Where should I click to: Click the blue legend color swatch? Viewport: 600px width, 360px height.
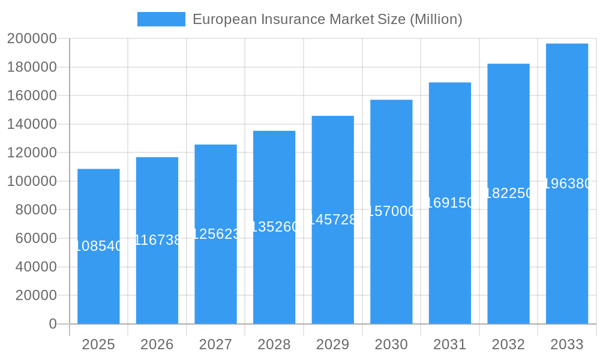click(161, 19)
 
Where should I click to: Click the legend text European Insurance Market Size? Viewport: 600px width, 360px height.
click(327, 19)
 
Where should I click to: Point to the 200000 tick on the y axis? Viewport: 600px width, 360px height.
click(32, 39)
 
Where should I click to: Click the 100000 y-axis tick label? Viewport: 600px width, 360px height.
click(32, 181)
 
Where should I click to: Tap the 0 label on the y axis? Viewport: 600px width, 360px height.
click(53, 324)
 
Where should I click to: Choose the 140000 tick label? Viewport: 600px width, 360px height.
click(32, 124)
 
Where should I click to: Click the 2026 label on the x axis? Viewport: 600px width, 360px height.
click(157, 344)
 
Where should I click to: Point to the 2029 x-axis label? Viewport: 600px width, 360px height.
click(332, 344)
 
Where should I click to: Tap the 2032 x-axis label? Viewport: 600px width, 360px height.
click(508, 344)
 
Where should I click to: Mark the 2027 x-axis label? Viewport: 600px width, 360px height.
click(215, 344)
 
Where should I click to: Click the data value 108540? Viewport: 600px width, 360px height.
click(98, 246)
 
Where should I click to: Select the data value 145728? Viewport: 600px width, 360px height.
click(332, 220)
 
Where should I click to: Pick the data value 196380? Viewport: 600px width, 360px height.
click(567, 184)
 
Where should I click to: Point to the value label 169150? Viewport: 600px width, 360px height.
click(450, 203)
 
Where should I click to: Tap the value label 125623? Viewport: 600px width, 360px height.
click(215, 234)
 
